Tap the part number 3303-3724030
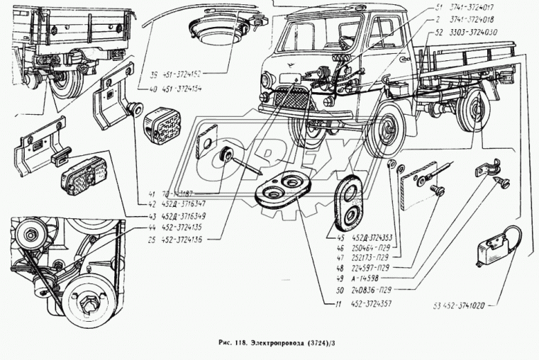(x=477, y=32)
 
